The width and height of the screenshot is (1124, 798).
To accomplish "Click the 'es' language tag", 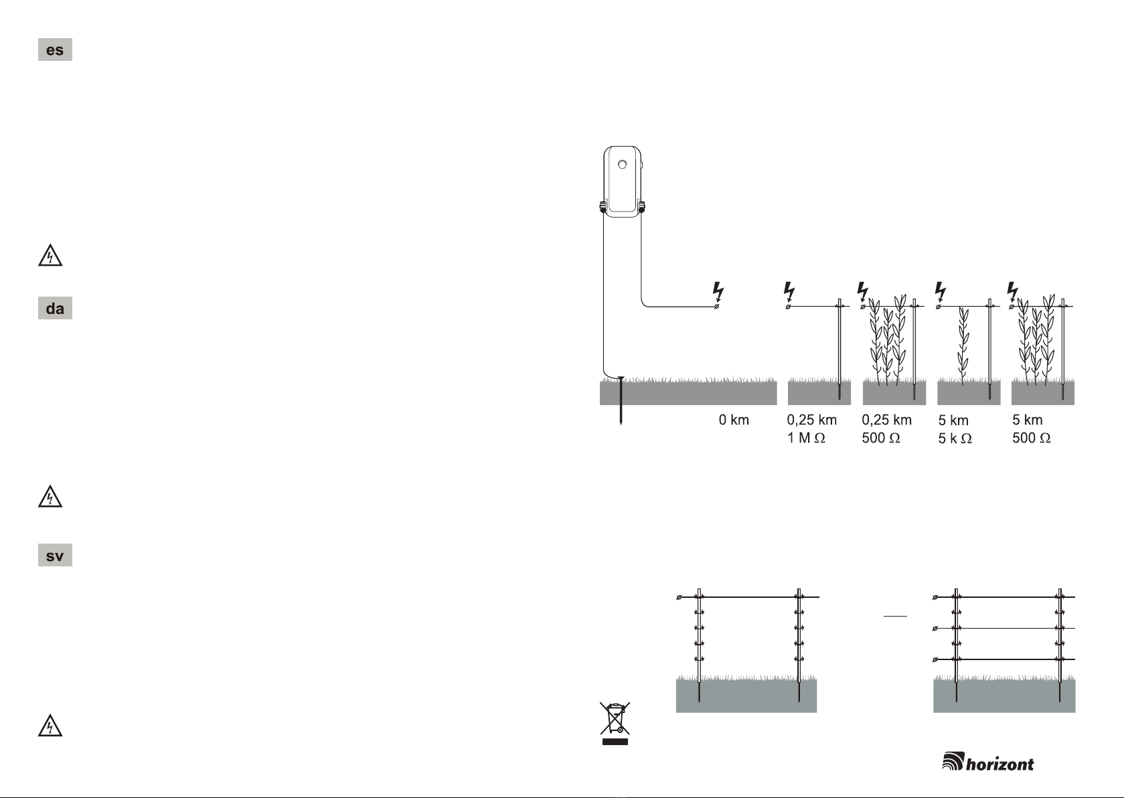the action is click(x=55, y=50).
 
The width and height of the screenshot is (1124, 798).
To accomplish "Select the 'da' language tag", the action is click(x=55, y=308).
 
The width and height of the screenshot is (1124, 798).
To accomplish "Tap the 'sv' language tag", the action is click(x=55, y=555).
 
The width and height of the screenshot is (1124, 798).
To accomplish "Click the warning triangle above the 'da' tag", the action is click(x=50, y=256).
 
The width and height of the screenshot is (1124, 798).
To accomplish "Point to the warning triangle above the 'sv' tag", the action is click(x=50, y=496).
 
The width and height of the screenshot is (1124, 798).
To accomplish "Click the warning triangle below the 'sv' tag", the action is click(x=50, y=726).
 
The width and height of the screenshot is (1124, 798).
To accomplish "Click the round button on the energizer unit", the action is click(x=622, y=165).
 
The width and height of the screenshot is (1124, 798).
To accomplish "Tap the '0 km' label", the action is click(x=734, y=420).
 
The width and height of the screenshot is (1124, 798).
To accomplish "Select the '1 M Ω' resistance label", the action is click(x=806, y=438).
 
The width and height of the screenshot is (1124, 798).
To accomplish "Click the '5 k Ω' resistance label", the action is click(x=955, y=438).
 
